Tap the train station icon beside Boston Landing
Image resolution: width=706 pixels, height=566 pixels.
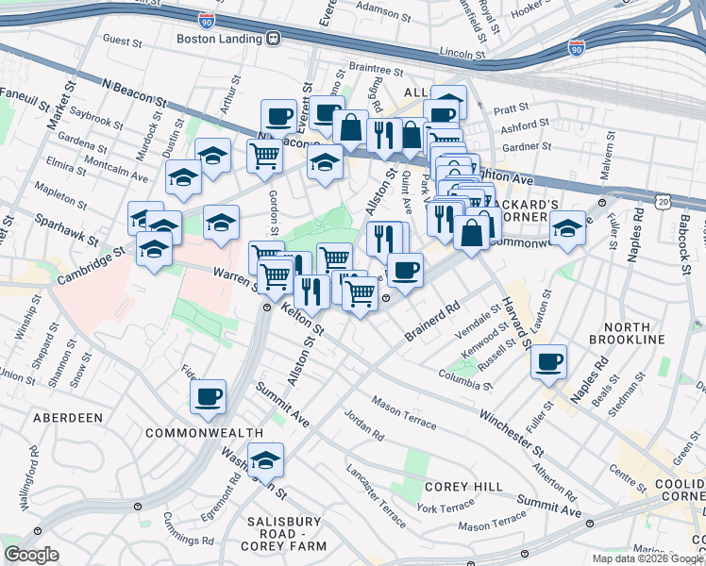point(274,39)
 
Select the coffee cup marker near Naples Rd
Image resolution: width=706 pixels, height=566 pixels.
point(548,361)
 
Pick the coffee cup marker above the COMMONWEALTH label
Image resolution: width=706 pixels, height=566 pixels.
point(208,396)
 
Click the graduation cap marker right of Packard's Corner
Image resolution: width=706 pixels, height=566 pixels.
point(567,230)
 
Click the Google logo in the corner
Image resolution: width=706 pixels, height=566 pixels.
point(31,555)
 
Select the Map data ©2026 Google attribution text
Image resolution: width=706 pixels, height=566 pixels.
point(647,558)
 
